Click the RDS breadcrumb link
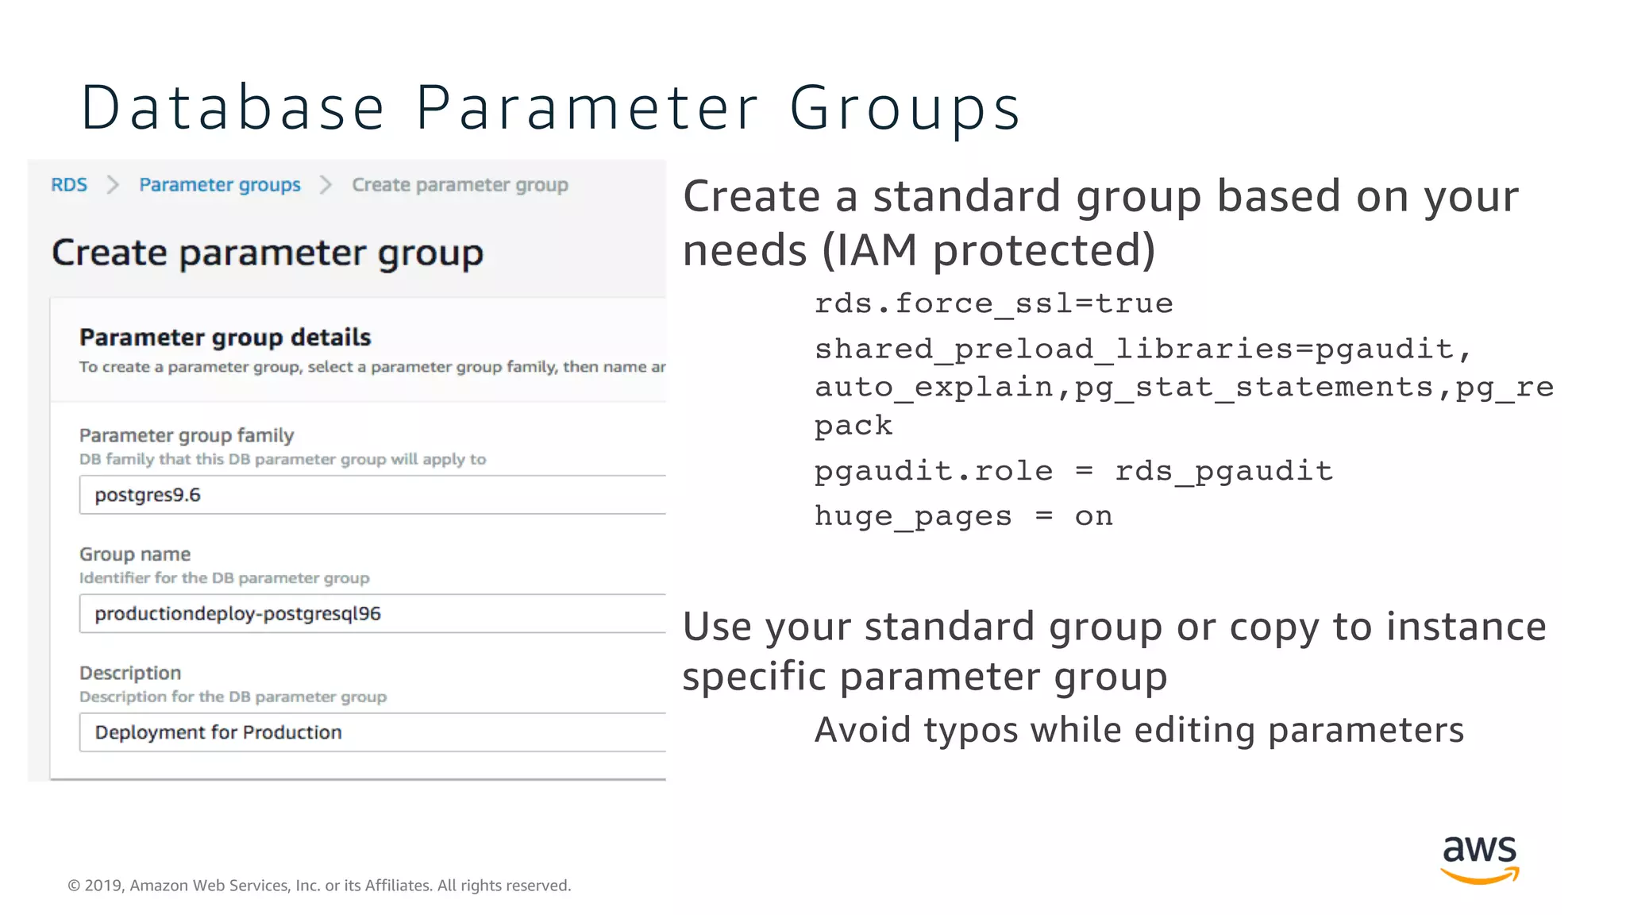69,185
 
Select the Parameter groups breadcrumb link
220,185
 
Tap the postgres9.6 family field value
148,496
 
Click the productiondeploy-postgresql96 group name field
237,614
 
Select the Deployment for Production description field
218,732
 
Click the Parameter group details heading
225,338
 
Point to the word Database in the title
233,108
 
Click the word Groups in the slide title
904,108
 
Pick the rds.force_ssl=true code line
993,303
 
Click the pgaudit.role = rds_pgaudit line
1073,471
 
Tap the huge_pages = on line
964,516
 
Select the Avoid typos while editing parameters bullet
1139,730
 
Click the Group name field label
135,554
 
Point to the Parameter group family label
187,435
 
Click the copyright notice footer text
319,886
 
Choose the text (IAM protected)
988,250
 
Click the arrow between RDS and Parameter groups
113,185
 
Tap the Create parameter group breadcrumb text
460,185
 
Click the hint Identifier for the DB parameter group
224,578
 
